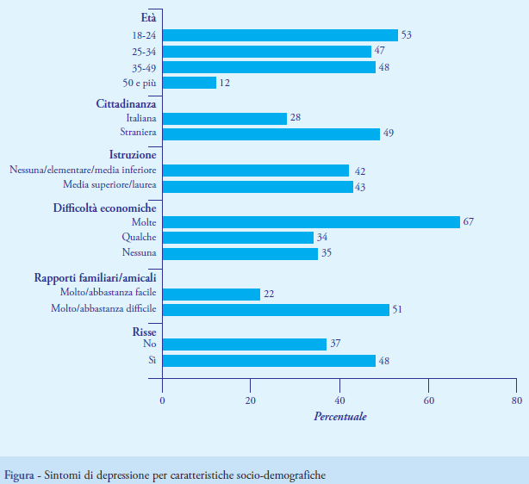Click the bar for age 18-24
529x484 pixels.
(280, 35)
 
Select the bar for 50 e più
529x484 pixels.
(190, 83)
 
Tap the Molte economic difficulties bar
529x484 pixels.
(311, 222)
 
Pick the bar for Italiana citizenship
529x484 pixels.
(225, 118)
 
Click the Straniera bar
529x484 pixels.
(271, 133)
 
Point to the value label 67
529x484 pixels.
(469, 222)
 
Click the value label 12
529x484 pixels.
(225, 83)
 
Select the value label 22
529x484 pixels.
(269, 295)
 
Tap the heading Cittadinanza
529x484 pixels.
(126, 102)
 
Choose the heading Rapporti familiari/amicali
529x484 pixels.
(95, 278)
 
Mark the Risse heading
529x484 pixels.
(144, 331)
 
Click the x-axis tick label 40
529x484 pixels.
(339, 401)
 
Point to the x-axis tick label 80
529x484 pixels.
(516, 401)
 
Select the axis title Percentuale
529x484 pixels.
(339, 417)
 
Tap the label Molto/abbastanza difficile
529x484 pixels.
(99, 310)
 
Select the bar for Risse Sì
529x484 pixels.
(269, 361)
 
